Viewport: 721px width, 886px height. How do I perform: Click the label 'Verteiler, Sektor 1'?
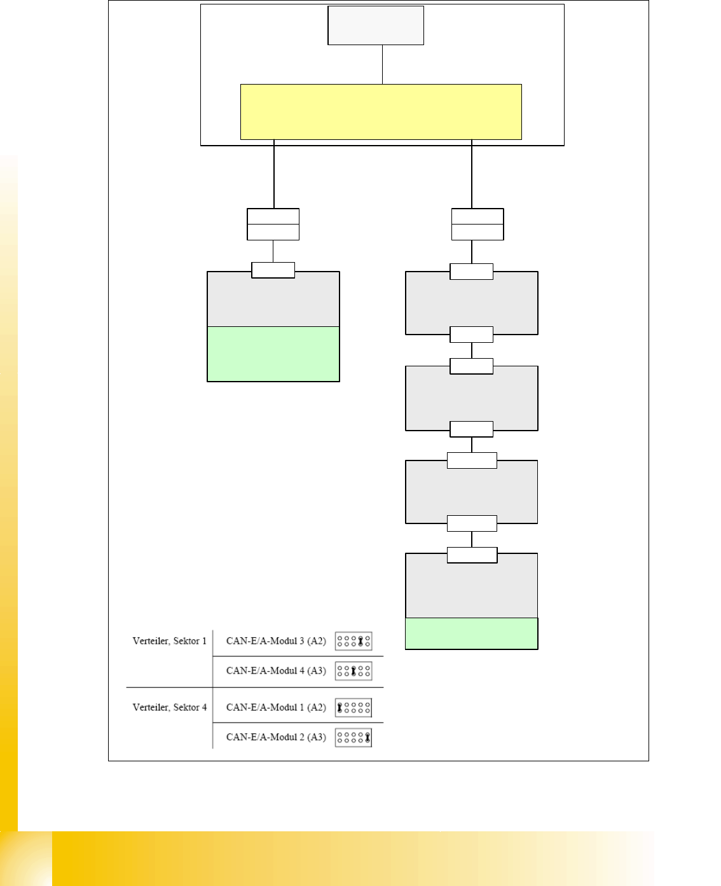169,641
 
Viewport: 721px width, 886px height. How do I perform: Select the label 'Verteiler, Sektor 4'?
169,707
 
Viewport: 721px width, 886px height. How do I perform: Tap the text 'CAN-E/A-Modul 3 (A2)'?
276,641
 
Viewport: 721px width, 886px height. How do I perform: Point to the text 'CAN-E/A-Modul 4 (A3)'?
276,671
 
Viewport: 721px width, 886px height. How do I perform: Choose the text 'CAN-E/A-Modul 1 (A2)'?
276,707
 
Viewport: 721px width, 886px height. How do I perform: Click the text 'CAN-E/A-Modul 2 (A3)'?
276,737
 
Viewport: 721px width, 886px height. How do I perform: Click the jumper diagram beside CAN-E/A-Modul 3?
354,641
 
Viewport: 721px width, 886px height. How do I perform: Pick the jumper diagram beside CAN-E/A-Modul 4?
354,671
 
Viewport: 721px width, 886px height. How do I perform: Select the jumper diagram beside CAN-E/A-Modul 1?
354,707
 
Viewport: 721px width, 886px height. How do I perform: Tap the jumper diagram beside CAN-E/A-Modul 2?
354,738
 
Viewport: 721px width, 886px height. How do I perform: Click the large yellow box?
381,112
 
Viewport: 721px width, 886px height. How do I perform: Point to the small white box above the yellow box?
376,25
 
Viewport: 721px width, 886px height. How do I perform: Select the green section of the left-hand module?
273,354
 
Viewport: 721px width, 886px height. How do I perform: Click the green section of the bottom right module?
472,633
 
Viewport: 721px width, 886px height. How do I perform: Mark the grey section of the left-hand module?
273,302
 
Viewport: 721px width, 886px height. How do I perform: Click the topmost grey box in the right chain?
472,303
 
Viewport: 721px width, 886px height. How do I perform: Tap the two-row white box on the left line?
273,225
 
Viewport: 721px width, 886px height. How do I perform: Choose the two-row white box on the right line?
477,225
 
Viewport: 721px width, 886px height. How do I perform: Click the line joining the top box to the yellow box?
382,64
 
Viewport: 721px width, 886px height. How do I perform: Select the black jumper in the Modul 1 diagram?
340,707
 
